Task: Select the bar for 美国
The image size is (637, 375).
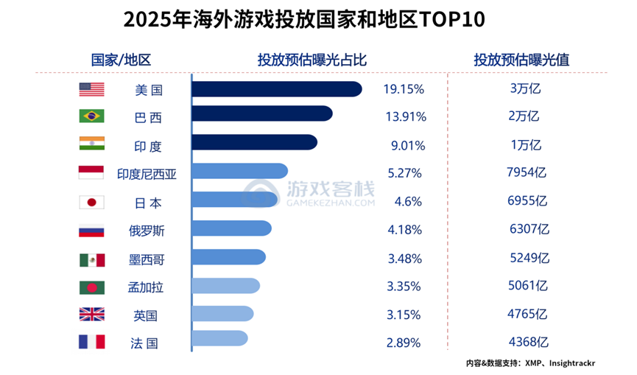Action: pos(276,89)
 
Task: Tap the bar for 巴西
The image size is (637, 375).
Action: pos(261,114)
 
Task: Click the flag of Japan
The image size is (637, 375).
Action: pos(91,202)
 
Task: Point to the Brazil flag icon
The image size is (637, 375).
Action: pos(91,116)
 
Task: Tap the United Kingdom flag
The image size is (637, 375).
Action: pos(91,315)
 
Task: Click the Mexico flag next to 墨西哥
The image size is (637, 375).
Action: pos(91,259)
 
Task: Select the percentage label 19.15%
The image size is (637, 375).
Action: pos(404,89)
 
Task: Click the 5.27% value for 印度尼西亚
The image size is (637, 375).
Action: pos(404,174)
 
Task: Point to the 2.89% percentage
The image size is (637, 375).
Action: pos(404,343)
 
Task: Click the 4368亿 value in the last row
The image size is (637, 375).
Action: pos(528,343)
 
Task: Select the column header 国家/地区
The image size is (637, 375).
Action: pos(121,60)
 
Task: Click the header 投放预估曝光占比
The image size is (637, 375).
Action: pos(312,60)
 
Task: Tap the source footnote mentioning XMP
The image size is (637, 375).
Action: pos(529,363)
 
